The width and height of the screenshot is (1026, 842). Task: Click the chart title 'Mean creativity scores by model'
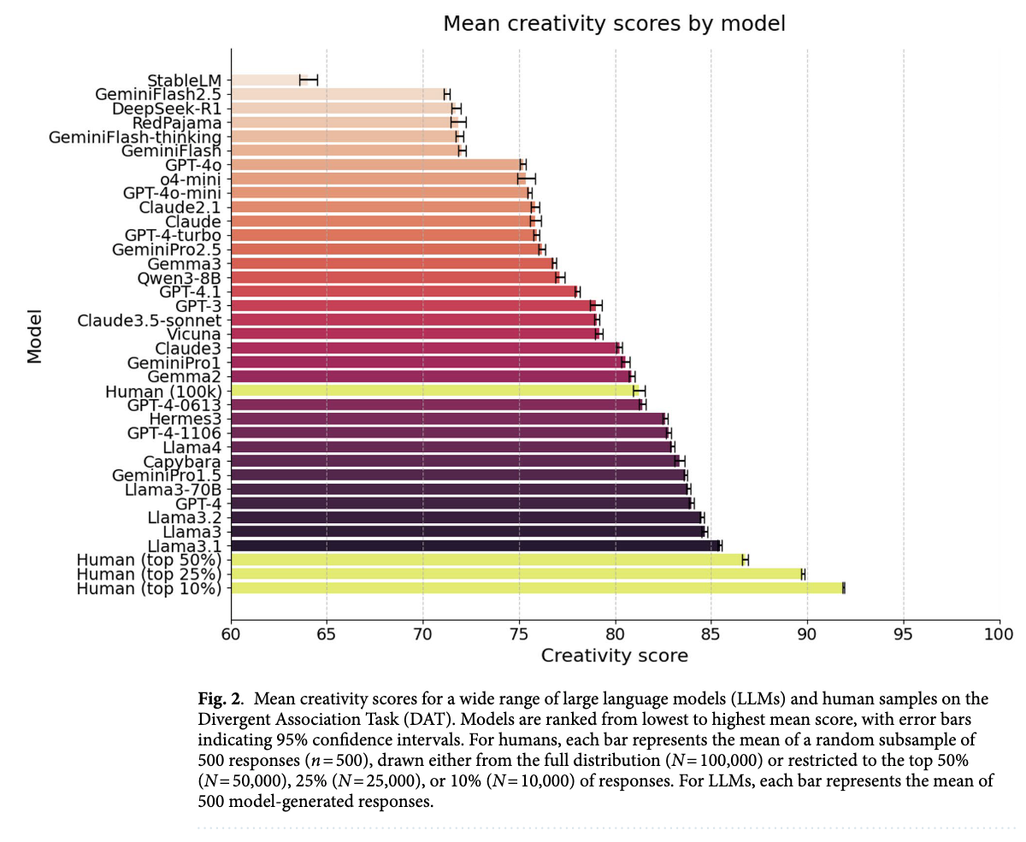tap(614, 24)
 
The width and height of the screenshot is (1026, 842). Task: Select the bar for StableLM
tap(265, 80)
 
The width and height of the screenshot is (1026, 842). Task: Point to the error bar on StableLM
tap(309, 80)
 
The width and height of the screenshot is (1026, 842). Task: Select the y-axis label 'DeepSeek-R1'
tap(167, 109)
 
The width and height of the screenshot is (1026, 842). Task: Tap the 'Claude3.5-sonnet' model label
tap(150, 321)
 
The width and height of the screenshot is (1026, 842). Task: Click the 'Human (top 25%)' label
tap(149, 574)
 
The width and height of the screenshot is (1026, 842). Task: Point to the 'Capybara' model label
tap(182, 462)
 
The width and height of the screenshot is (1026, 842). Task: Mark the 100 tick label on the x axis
tap(998, 635)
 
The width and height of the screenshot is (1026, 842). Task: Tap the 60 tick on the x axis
tap(231, 635)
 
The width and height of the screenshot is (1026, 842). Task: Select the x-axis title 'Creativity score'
tap(614, 657)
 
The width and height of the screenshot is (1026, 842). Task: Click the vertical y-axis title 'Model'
tap(35, 335)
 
